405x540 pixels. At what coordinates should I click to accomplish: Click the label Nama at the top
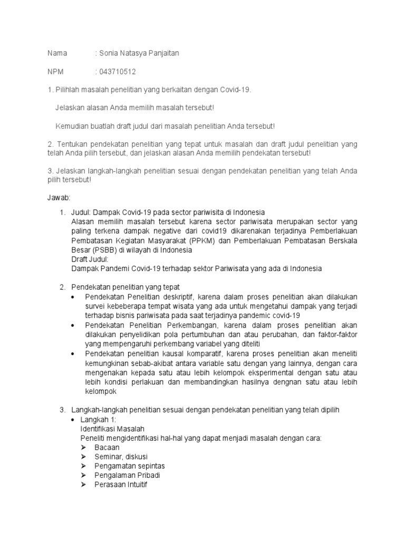coord(57,53)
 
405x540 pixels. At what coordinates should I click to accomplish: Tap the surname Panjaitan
coord(165,53)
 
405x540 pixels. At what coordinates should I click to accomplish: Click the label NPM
coord(56,71)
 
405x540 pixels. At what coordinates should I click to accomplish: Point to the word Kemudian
coord(73,126)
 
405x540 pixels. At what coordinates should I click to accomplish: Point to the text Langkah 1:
coord(98,419)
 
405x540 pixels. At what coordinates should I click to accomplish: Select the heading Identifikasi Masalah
coord(112,429)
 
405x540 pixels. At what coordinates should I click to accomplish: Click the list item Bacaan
coord(107,447)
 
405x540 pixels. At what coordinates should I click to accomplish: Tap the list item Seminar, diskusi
coord(121,457)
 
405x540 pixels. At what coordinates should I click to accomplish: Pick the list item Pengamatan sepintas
coord(129,466)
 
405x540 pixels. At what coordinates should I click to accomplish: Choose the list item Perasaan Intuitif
coord(121,484)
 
